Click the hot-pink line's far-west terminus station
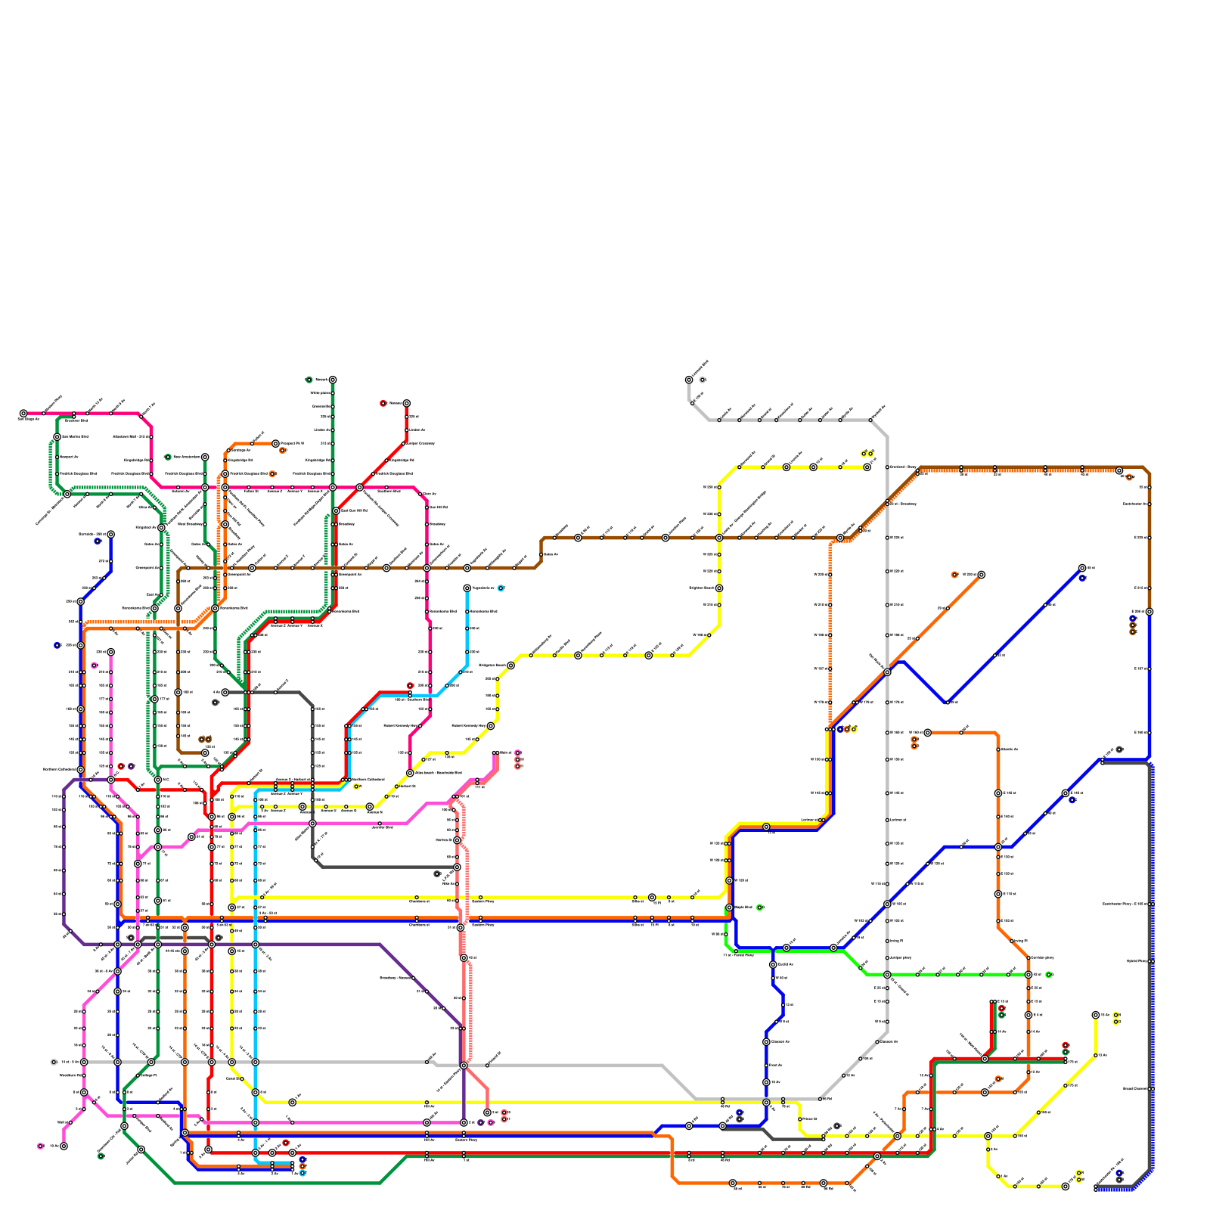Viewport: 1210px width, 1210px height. coord(23,414)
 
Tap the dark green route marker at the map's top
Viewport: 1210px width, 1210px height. coord(309,380)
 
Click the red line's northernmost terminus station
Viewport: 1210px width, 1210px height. coord(406,403)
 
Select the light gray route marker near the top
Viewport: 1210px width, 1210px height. coord(703,380)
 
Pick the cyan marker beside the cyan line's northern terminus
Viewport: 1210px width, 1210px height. coord(501,588)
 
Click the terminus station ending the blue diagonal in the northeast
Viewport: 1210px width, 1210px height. coord(1082,568)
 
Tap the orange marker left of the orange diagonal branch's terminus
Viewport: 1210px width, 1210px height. coord(954,575)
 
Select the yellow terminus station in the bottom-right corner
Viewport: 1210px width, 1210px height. coord(1066,1187)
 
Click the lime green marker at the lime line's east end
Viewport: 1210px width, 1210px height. coord(1048,975)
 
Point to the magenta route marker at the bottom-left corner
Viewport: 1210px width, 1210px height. coord(40,1146)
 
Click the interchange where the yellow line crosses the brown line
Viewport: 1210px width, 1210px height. coord(719,538)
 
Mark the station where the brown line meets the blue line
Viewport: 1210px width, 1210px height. coord(1149,611)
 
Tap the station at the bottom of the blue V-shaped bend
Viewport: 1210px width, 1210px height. coord(947,702)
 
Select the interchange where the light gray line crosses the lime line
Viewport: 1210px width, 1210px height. coord(887,975)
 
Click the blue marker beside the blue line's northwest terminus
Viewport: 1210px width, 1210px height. coord(98,541)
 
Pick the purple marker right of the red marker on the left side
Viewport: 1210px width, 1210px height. coord(131,766)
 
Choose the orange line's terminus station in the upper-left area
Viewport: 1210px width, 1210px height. coord(275,443)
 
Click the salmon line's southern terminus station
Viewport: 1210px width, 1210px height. coord(487,1112)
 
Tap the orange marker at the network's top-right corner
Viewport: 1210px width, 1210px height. coord(1129,477)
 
